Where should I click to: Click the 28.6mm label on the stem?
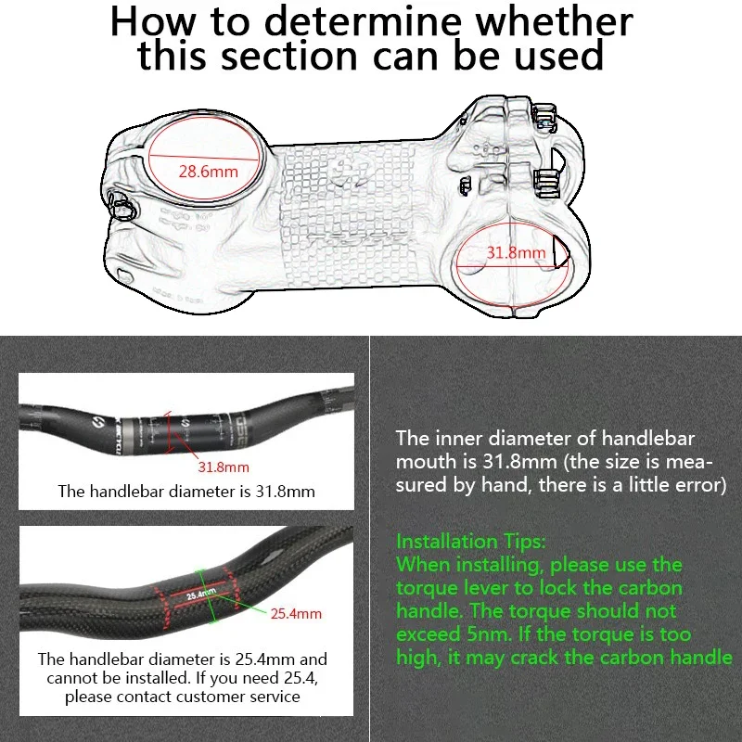(x=208, y=171)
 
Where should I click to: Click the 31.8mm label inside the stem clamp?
(x=517, y=252)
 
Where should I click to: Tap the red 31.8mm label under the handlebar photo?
(x=224, y=467)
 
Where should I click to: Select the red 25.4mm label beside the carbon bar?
(x=296, y=614)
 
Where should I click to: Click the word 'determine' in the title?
(x=362, y=21)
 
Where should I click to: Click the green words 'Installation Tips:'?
(x=471, y=542)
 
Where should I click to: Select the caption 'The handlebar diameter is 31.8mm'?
(x=186, y=492)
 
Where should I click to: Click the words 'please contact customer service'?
(x=182, y=697)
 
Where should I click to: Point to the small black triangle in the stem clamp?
(x=560, y=251)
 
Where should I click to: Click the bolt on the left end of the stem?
(x=122, y=206)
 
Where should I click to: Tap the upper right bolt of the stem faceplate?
(x=544, y=115)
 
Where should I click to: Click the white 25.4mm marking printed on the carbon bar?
(x=201, y=594)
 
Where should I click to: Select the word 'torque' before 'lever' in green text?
(x=425, y=588)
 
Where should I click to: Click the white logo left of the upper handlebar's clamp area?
(x=97, y=421)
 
